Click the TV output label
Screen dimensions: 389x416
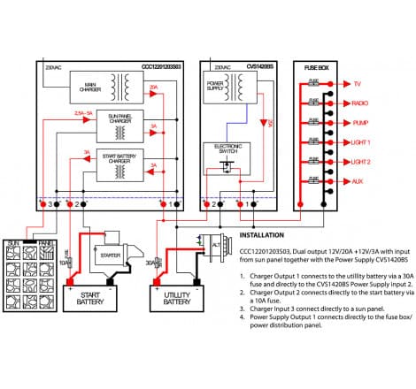(358, 85)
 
